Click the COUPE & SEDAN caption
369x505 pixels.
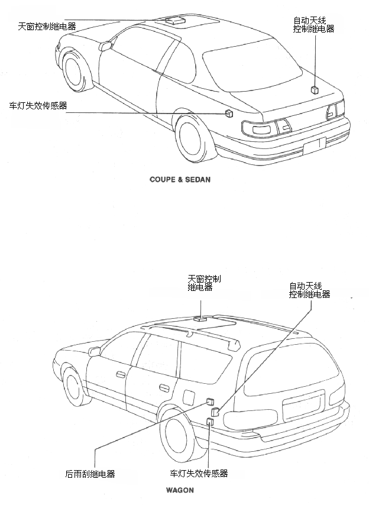(x=179, y=178)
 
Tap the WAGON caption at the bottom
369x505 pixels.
(x=180, y=490)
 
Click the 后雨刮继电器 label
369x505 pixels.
(x=90, y=474)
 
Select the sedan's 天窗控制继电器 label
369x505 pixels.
(x=47, y=27)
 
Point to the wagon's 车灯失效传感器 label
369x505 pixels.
(x=199, y=474)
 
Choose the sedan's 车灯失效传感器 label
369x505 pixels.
(x=37, y=106)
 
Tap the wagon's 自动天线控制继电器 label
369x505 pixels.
(x=309, y=290)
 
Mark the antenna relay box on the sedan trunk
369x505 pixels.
(x=315, y=90)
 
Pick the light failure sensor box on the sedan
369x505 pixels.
(x=229, y=114)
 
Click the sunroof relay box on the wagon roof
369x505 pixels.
(x=200, y=318)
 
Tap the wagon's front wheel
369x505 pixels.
(x=75, y=390)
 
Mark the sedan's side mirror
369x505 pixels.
(x=106, y=44)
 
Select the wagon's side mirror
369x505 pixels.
(x=94, y=352)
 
